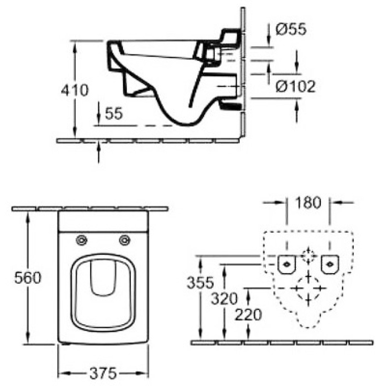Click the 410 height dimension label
pyautogui.click(x=74, y=90)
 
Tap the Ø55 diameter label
pyautogui.click(x=291, y=29)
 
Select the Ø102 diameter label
pyautogui.click(x=295, y=86)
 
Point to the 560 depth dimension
pyautogui.click(x=28, y=278)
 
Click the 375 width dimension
pyautogui.click(x=103, y=373)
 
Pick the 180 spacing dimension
pyautogui.click(x=308, y=203)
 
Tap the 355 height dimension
pyautogui.click(x=200, y=282)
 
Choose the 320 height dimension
pyautogui.click(x=224, y=299)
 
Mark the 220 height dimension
pyautogui.click(x=248, y=315)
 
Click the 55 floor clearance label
pyautogui.click(x=114, y=113)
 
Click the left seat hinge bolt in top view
pyautogui.click(x=82, y=240)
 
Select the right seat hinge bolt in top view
pyautogui.click(x=124, y=240)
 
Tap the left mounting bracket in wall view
pyautogui.click(x=287, y=264)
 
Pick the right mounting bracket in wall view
pyautogui.click(x=330, y=264)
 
